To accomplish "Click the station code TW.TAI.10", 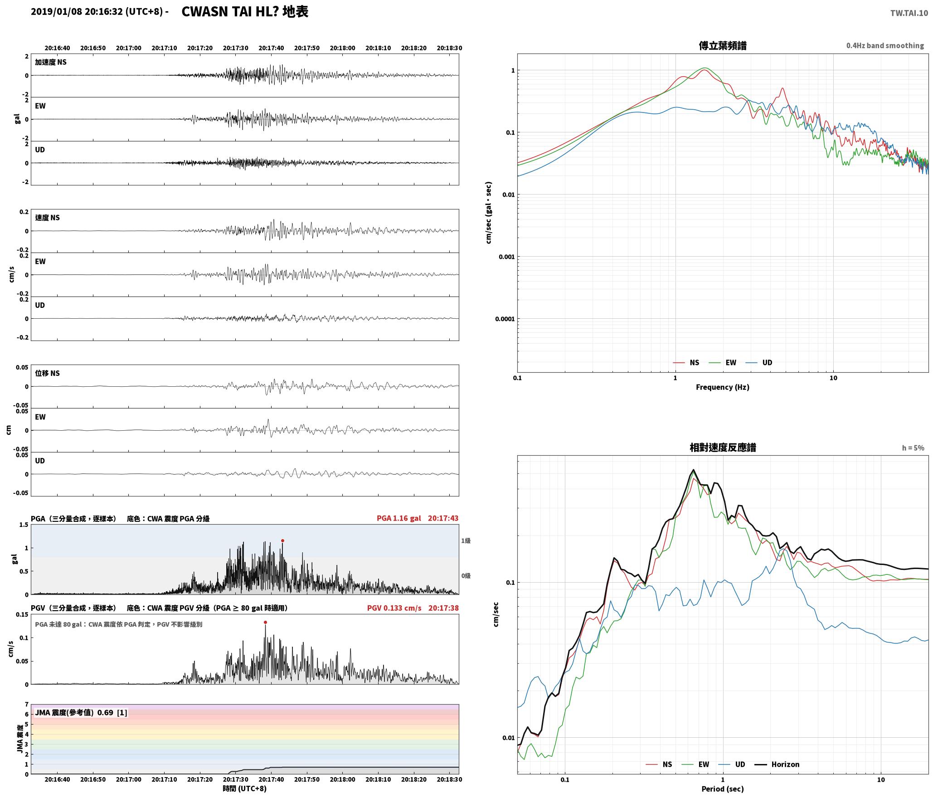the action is [x=909, y=13].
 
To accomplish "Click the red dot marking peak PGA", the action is [x=282, y=540].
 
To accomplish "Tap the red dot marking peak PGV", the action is [x=265, y=622].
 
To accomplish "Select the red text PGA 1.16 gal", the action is [x=398, y=518].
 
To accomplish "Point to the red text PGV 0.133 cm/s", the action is [x=394, y=608].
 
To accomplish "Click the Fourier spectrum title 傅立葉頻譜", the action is [x=723, y=45].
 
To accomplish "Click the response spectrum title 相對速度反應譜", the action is [x=723, y=448].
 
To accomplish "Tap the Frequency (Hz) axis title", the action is [x=723, y=387].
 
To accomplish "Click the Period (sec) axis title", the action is [x=723, y=788].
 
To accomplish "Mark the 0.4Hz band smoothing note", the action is [x=885, y=45].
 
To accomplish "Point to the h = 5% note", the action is [x=913, y=448].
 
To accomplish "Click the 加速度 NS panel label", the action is [x=51, y=62].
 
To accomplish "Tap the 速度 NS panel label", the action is [x=48, y=218].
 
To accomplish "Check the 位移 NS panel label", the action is [x=48, y=373].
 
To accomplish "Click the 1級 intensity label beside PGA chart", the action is [x=466, y=540].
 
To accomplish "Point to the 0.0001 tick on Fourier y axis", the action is [x=505, y=319].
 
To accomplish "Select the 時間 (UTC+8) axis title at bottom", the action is [x=245, y=788].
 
